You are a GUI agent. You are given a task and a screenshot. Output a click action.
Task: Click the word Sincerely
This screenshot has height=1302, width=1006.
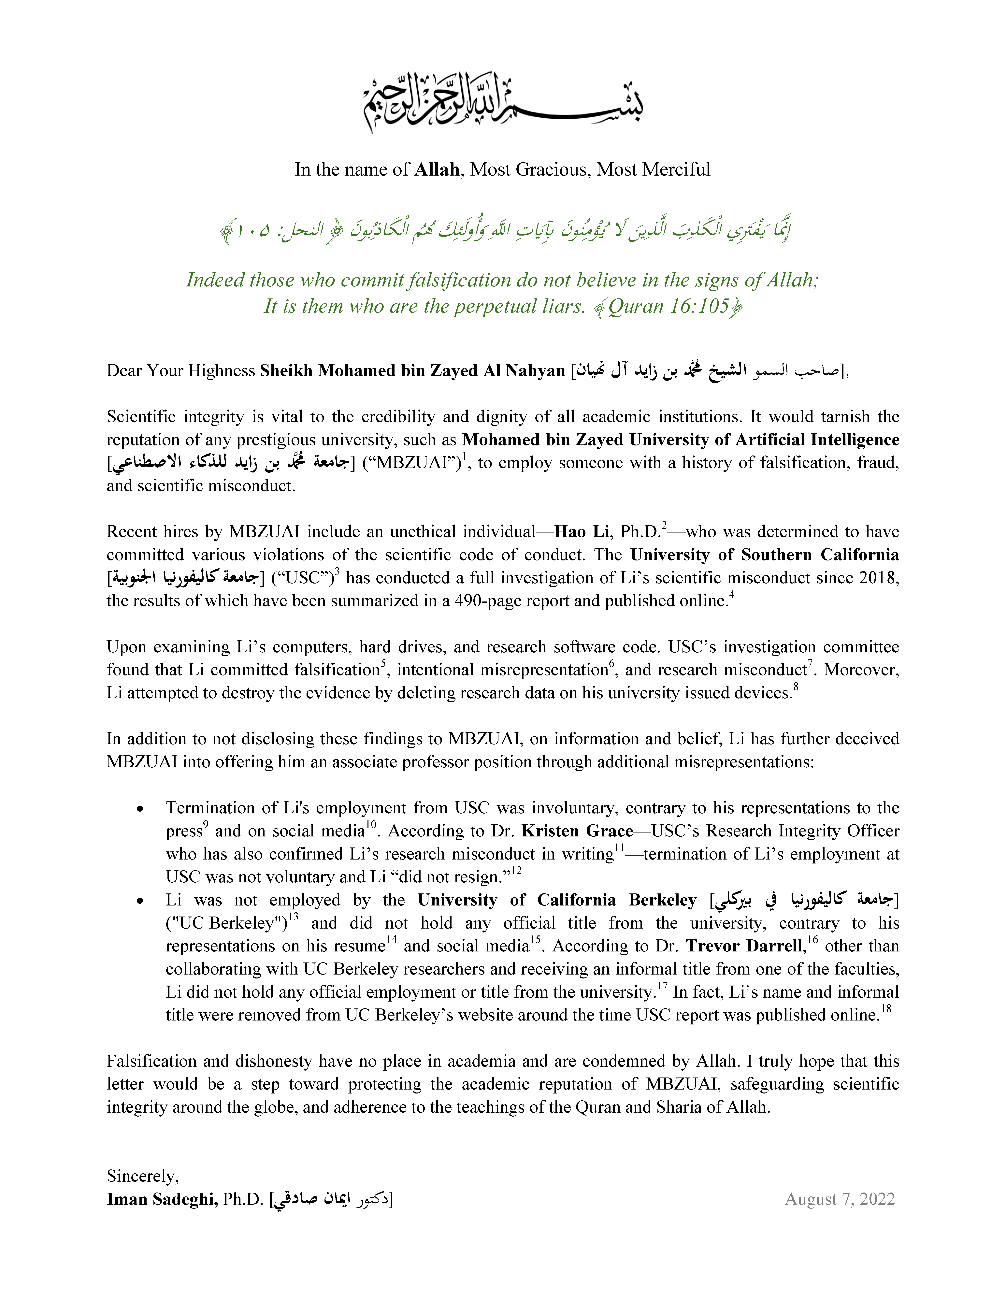(142, 1176)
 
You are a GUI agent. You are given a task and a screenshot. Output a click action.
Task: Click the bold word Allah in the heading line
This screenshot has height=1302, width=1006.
(437, 170)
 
